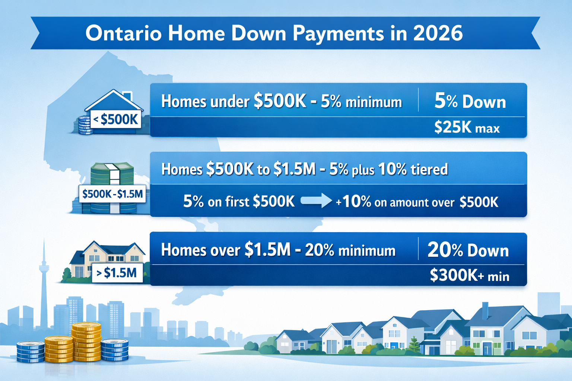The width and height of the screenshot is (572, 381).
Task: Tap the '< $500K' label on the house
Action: [116, 119]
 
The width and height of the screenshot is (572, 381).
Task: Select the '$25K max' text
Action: [467, 128]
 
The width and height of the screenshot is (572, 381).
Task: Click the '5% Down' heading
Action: [470, 102]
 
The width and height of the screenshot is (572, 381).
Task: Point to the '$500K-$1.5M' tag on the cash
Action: [112, 194]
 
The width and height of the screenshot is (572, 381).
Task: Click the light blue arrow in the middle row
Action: [316, 201]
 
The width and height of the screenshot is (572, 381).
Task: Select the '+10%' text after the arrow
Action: [353, 202]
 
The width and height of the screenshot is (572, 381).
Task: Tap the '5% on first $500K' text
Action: [239, 202]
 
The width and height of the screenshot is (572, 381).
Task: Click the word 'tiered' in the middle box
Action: [429, 170]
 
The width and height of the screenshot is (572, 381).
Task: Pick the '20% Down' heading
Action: [468, 250]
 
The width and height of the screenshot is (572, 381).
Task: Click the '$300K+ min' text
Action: [469, 276]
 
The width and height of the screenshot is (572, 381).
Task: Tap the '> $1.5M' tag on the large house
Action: [117, 273]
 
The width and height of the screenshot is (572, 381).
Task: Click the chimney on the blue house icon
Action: [128, 96]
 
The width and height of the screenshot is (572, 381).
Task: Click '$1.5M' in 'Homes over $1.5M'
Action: [267, 250]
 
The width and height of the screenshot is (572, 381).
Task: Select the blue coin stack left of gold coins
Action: [31, 352]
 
